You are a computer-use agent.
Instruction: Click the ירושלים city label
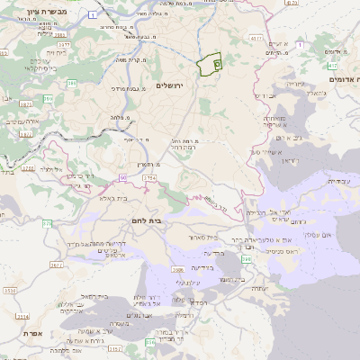169,86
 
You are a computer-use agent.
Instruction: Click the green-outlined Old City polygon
210,66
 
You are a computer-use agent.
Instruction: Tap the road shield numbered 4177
256,39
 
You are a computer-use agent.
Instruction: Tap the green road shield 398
247,258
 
